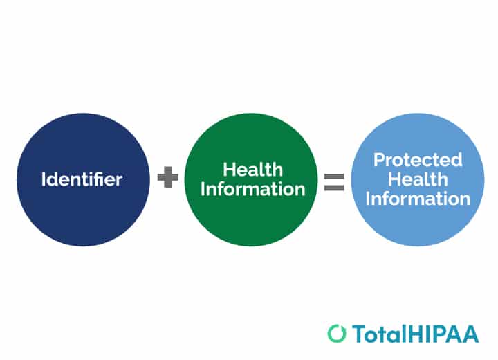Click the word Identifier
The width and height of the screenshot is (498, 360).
pos(82,179)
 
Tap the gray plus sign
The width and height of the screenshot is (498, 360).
pos(167,179)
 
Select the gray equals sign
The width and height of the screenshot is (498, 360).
pos(334,181)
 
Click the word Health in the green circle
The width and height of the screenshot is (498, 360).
pos(252,170)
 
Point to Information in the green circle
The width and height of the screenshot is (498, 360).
pos(252,188)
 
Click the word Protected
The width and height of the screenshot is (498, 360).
pos(418,160)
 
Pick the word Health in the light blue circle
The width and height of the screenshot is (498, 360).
pos(418,179)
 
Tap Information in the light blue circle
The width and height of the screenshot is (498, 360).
pos(418,199)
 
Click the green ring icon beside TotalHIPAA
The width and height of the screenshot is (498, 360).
pos(337,333)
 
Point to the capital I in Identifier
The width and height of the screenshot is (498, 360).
pos(44,179)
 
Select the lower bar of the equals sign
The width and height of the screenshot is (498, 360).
pos(334,186)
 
